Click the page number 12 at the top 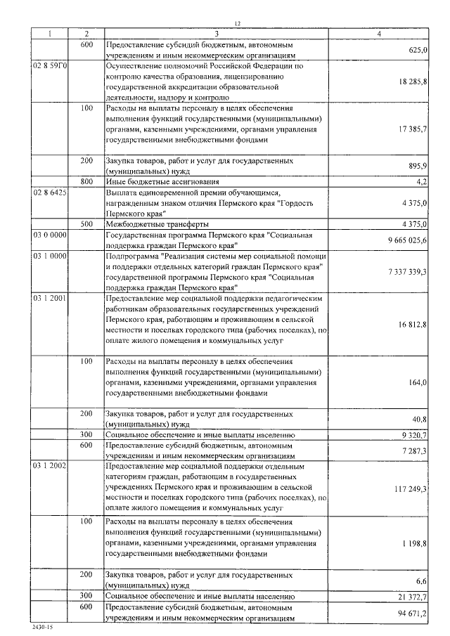click(238, 25)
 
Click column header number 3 click(217, 34)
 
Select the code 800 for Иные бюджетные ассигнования click(86, 181)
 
